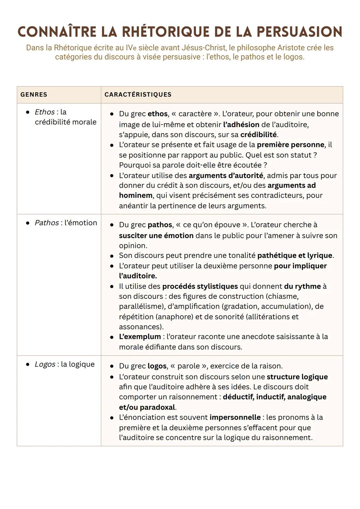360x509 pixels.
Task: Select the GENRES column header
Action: tap(34, 95)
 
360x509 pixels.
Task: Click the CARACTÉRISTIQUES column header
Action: tap(138, 95)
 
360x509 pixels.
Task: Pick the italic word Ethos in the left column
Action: tap(45, 112)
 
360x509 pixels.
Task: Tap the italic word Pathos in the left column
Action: tap(47, 223)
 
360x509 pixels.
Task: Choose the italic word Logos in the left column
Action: tap(45, 364)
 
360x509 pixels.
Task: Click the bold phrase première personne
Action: tap(290, 145)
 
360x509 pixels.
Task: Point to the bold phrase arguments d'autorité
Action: tap(226, 175)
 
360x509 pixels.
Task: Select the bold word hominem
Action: tap(136, 195)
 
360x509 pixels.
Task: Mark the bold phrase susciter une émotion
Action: tap(156, 235)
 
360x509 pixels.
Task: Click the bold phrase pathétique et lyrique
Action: tap(295, 256)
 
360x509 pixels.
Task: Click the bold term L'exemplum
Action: tap(140, 337)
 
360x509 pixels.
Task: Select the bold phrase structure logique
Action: tap(297, 377)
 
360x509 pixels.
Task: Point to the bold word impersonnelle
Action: tap(235, 417)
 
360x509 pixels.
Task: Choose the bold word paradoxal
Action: tap(157, 407)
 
